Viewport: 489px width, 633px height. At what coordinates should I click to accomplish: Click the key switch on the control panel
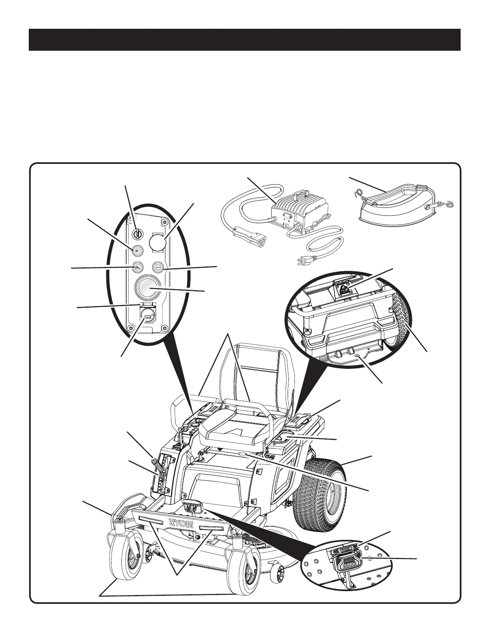click(137, 232)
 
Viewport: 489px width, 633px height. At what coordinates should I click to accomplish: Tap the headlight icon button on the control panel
click(137, 251)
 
